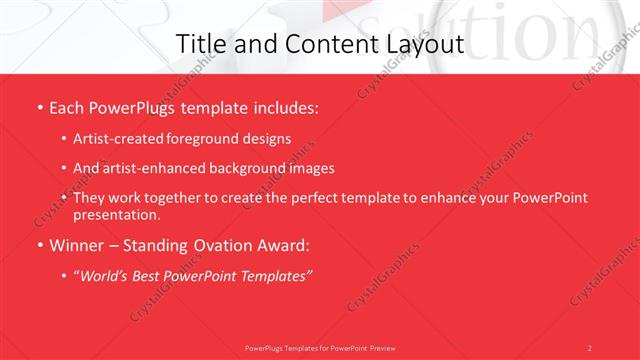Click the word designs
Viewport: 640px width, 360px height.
click(x=268, y=138)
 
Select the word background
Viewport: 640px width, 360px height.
click(x=244, y=168)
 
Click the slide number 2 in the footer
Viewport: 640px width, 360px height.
click(x=590, y=347)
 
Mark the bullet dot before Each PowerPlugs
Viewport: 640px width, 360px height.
click(x=39, y=106)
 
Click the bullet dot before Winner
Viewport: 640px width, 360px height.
click(x=39, y=244)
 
